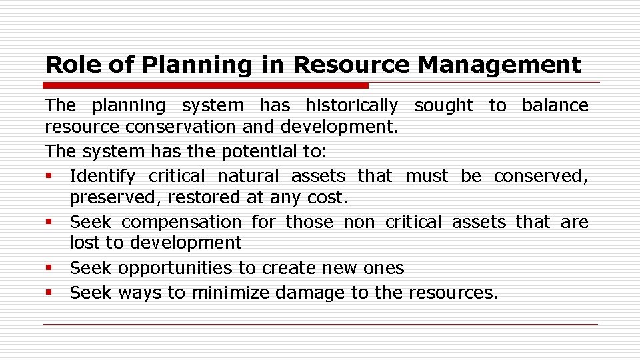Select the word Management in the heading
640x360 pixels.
coord(499,65)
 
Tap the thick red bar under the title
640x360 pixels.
coord(205,85)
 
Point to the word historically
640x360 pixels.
coord(351,105)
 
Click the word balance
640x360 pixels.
coord(555,105)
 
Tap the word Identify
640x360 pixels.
coord(102,176)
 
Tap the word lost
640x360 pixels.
coord(82,243)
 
